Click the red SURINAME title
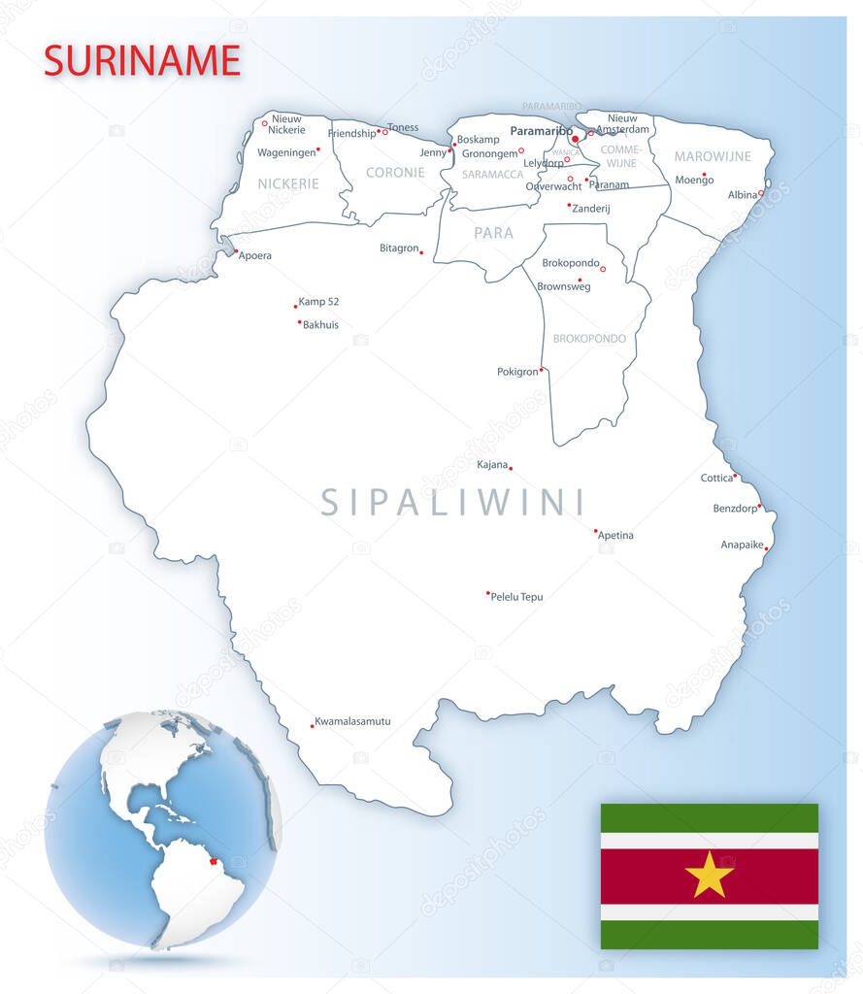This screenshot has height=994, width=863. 142,60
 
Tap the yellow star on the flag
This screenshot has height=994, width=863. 709,875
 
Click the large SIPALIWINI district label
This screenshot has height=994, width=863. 453,503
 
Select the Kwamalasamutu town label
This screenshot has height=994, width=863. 353,721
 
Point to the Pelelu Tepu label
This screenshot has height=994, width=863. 517,597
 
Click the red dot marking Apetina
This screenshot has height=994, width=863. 595,531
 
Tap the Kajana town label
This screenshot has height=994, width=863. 492,465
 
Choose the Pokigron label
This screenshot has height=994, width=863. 517,372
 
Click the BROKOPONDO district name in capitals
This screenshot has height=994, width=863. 589,339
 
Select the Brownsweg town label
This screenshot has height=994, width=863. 563,286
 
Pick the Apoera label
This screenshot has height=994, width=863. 255,256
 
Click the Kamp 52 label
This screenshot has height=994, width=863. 318,302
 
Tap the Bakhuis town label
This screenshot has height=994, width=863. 321,325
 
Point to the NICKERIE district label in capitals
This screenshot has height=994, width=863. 288,183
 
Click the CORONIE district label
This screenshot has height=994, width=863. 395,173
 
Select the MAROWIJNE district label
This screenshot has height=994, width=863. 713,156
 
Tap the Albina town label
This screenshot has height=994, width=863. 743,195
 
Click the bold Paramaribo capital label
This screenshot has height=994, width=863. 541,130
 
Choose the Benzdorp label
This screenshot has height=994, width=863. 735,509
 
